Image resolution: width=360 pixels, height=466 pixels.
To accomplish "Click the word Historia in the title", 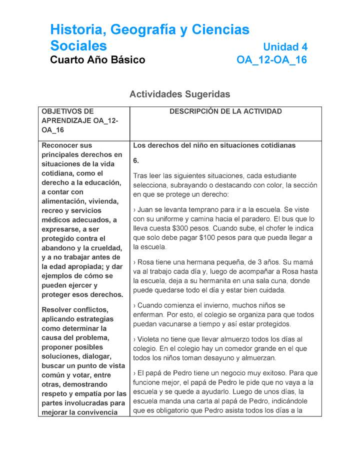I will (x=75, y=30).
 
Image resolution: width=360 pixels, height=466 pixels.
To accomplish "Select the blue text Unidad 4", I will (x=285, y=47).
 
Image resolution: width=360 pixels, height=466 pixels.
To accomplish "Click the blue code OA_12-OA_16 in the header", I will (x=271, y=60).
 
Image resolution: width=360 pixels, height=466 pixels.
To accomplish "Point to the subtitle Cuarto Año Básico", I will (x=97, y=60).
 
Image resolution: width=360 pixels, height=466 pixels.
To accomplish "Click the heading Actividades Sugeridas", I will (x=179, y=94).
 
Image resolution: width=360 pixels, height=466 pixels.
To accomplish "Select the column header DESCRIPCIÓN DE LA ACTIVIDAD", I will (x=225, y=111).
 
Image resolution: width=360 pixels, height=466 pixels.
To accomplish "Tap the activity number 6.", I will (x=136, y=161).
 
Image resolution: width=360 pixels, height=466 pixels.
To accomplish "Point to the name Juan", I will (x=146, y=209).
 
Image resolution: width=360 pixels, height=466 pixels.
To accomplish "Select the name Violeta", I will (x=150, y=339).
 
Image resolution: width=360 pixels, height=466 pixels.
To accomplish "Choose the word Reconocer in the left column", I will (x=60, y=145).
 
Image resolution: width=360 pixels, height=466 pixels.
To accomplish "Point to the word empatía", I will (x=85, y=394).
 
